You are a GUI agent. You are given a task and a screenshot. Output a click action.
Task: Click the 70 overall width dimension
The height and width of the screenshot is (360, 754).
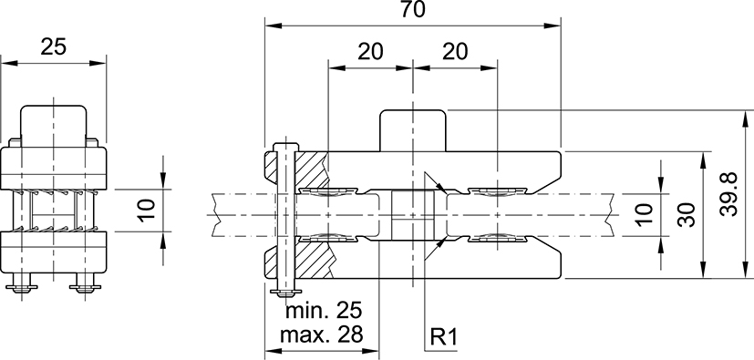pyautogui.click(x=413, y=9)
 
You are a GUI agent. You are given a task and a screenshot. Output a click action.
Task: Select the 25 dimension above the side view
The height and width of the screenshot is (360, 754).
pyautogui.click(x=53, y=46)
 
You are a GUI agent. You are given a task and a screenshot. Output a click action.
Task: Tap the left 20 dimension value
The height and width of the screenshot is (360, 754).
pyautogui.click(x=370, y=51)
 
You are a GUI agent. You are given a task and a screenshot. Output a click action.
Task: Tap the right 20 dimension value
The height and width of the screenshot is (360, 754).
pyautogui.click(x=454, y=51)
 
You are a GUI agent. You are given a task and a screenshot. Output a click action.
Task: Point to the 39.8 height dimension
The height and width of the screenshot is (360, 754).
pyautogui.click(x=729, y=194)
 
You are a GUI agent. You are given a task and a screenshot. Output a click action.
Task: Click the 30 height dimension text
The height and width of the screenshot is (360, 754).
pyautogui.click(x=687, y=215)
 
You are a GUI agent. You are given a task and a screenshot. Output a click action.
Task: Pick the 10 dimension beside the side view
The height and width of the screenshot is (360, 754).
pyautogui.click(x=147, y=211)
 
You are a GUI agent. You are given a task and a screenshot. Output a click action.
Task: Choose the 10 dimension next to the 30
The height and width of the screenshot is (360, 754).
pyautogui.click(x=645, y=214)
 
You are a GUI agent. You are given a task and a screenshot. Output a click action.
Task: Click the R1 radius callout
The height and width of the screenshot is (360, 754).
pyautogui.click(x=442, y=338)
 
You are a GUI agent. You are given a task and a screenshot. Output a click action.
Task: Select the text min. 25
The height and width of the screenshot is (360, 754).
pyautogui.click(x=323, y=311)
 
